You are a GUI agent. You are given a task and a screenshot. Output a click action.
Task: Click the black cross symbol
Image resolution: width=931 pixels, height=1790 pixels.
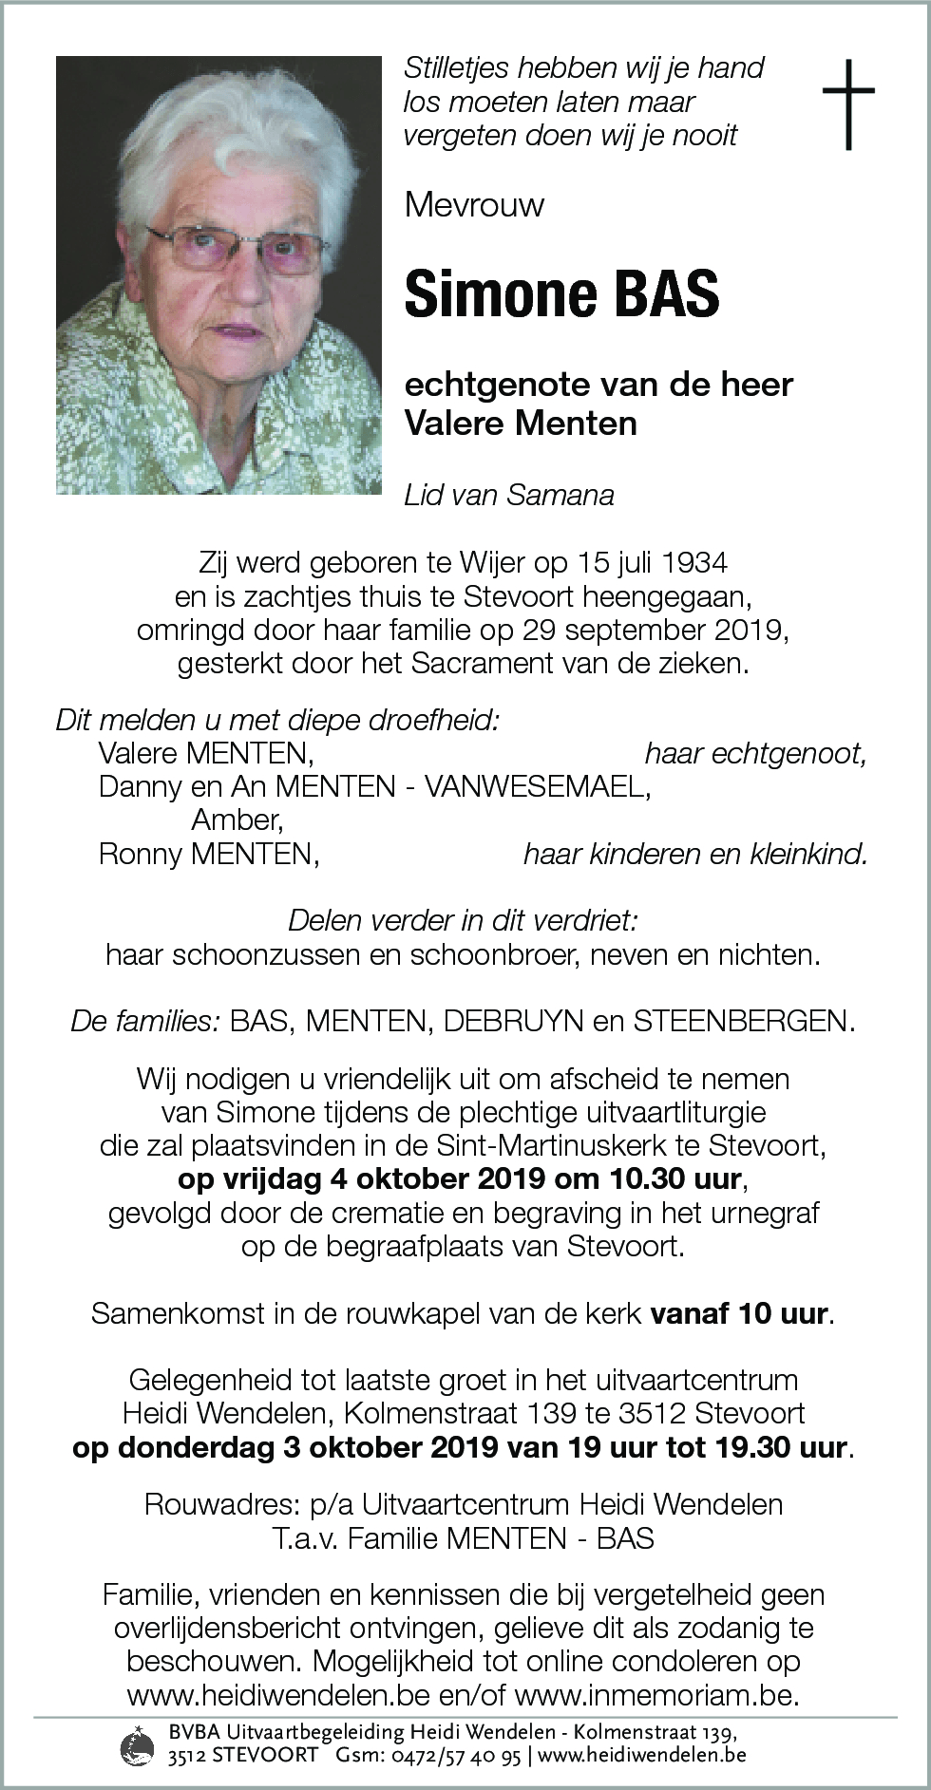pos(847,104)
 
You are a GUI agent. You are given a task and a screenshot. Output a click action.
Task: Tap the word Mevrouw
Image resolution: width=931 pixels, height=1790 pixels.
pos(474,205)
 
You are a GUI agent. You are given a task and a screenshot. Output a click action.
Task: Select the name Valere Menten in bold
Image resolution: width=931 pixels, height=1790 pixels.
pos(521,423)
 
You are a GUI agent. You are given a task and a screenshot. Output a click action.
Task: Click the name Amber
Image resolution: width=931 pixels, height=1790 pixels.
pos(237,820)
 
